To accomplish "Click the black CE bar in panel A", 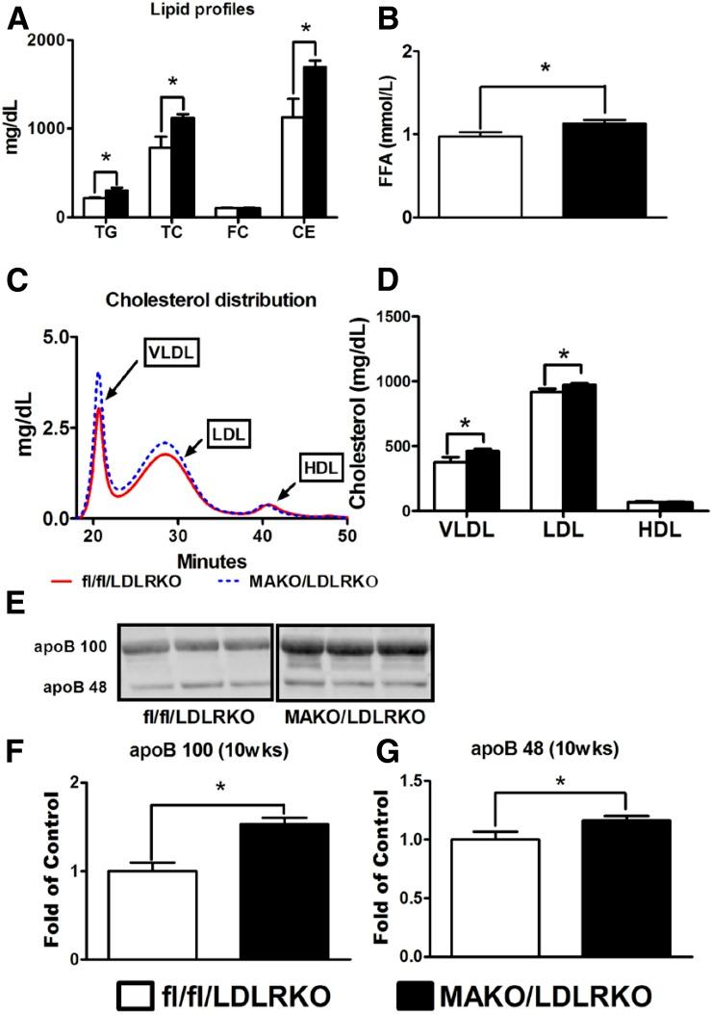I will tap(340, 143).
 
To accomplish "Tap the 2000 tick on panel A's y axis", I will tap(54, 40).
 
